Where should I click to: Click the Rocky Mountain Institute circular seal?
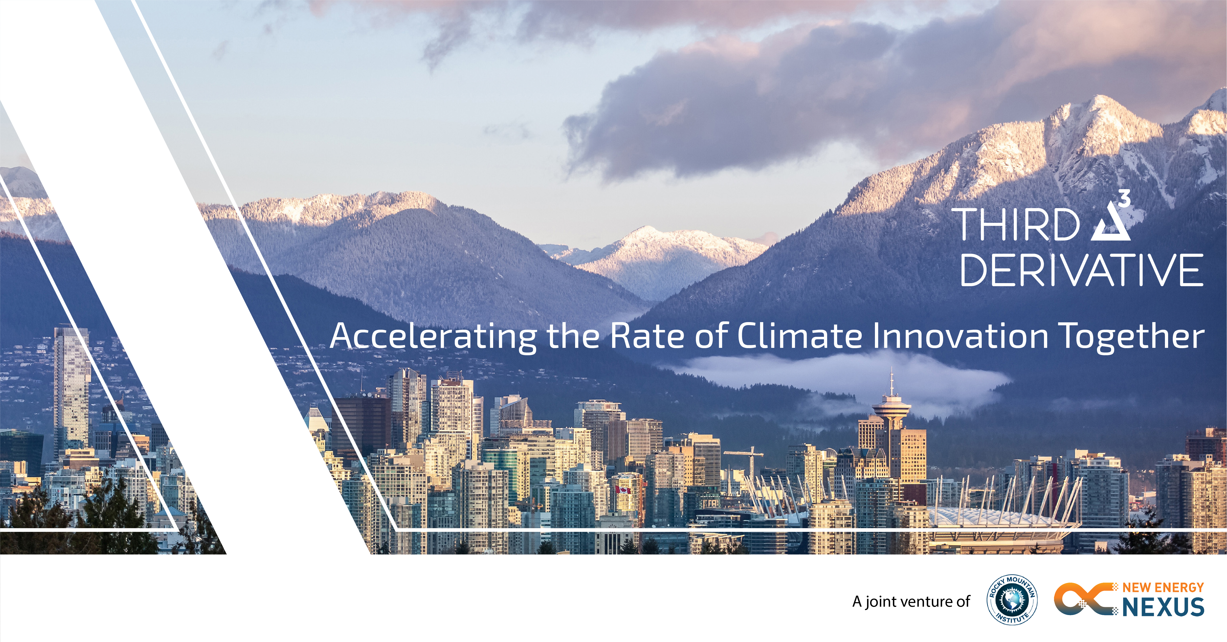click(x=1012, y=600)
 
